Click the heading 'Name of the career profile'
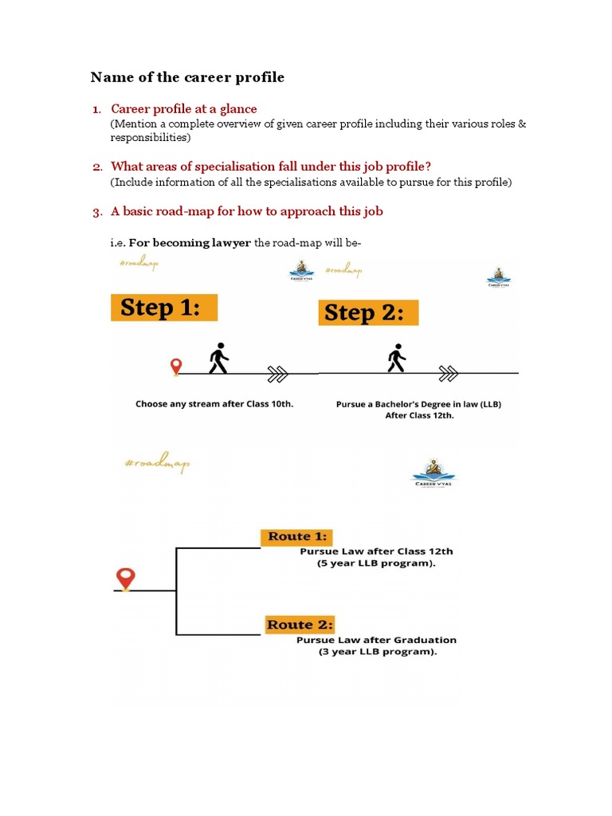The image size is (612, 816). (x=187, y=77)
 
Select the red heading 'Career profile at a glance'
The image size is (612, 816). (x=184, y=108)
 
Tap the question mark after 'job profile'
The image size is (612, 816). (x=428, y=167)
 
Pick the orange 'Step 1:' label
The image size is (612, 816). (x=164, y=308)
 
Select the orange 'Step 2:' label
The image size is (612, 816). (x=367, y=312)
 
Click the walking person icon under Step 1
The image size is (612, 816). (x=218, y=359)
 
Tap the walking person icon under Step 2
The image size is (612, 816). (x=396, y=359)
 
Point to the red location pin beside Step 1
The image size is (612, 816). (x=176, y=367)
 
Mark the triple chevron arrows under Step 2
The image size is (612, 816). (x=449, y=371)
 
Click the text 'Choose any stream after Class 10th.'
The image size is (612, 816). (x=214, y=404)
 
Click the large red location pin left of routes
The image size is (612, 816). (x=124, y=578)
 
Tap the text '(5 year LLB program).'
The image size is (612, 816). (x=376, y=563)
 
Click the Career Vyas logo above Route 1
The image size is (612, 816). (x=433, y=473)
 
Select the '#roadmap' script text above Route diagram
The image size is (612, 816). (x=157, y=464)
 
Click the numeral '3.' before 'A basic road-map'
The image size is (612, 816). (x=97, y=212)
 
